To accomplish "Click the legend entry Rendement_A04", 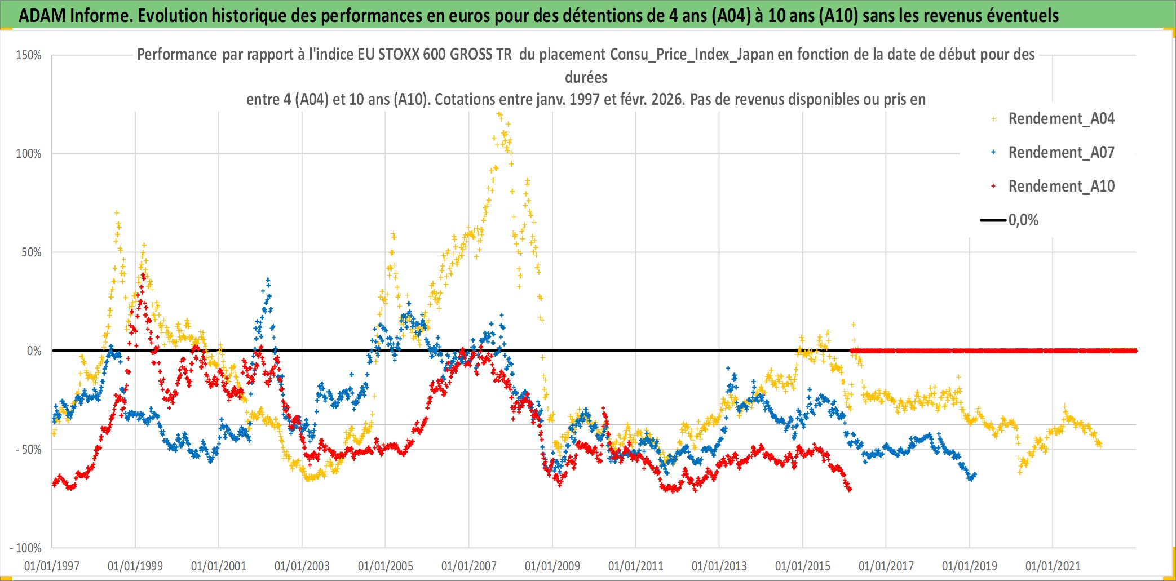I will (1061, 119).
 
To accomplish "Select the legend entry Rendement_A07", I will (1061, 153).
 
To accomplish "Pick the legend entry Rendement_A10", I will (1061, 187).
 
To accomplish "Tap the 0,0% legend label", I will (1023, 220).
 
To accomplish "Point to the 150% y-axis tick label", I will (29, 55).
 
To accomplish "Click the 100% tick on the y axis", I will (29, 154).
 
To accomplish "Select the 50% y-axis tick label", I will (32, 252).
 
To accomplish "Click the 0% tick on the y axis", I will (34, 351).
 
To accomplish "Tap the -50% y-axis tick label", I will (28, 450).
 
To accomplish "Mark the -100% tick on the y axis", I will (26, 548).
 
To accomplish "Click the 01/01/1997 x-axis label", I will (52, 566).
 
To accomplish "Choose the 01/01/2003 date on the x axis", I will (302, 566).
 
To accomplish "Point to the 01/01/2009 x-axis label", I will (552, 566).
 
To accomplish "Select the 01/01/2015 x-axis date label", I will (803, 566).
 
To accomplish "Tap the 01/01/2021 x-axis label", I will (1053, 566).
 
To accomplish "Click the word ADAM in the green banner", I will (42, 16).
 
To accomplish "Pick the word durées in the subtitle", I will (586, 77).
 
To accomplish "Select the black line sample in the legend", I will (993, 220).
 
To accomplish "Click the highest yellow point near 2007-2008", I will (499, 115).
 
